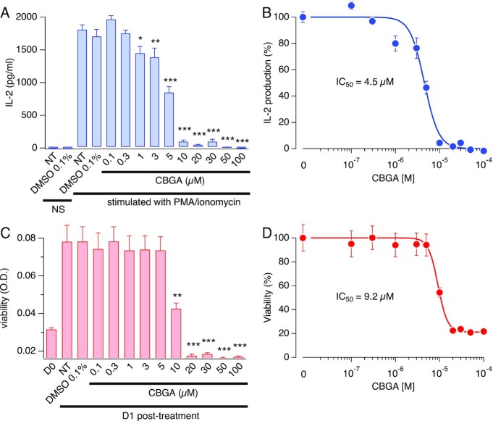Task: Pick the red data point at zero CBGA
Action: (x=303, y=238)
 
